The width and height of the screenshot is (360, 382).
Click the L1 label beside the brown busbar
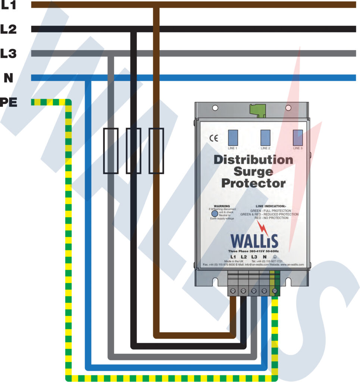tap(8, 5)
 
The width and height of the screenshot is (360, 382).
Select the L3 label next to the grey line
tap(8, 53)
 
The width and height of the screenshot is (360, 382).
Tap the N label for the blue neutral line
tap(8, 78)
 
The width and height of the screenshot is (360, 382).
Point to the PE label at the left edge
tap(8, 102)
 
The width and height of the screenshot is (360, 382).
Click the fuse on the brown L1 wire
tap(156, 151)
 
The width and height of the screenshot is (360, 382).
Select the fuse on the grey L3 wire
tap(110, 151)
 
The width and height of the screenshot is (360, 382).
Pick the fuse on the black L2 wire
tap(133, 151)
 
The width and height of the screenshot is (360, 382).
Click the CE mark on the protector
tap(213, 138)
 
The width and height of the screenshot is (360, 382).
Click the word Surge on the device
tap(253, 172)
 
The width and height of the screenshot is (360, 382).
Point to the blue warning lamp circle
tap(215, 214)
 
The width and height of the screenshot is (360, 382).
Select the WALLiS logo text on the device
tap(254, 241)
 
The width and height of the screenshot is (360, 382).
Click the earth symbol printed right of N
tap(275, 257)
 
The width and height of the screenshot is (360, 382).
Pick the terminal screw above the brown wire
tap(233, 291)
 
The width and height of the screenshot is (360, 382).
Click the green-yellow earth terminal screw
tap(275, 291)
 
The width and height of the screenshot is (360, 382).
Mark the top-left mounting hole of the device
tap(215, 108)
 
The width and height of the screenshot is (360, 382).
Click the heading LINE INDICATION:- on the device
tap(270, 206)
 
